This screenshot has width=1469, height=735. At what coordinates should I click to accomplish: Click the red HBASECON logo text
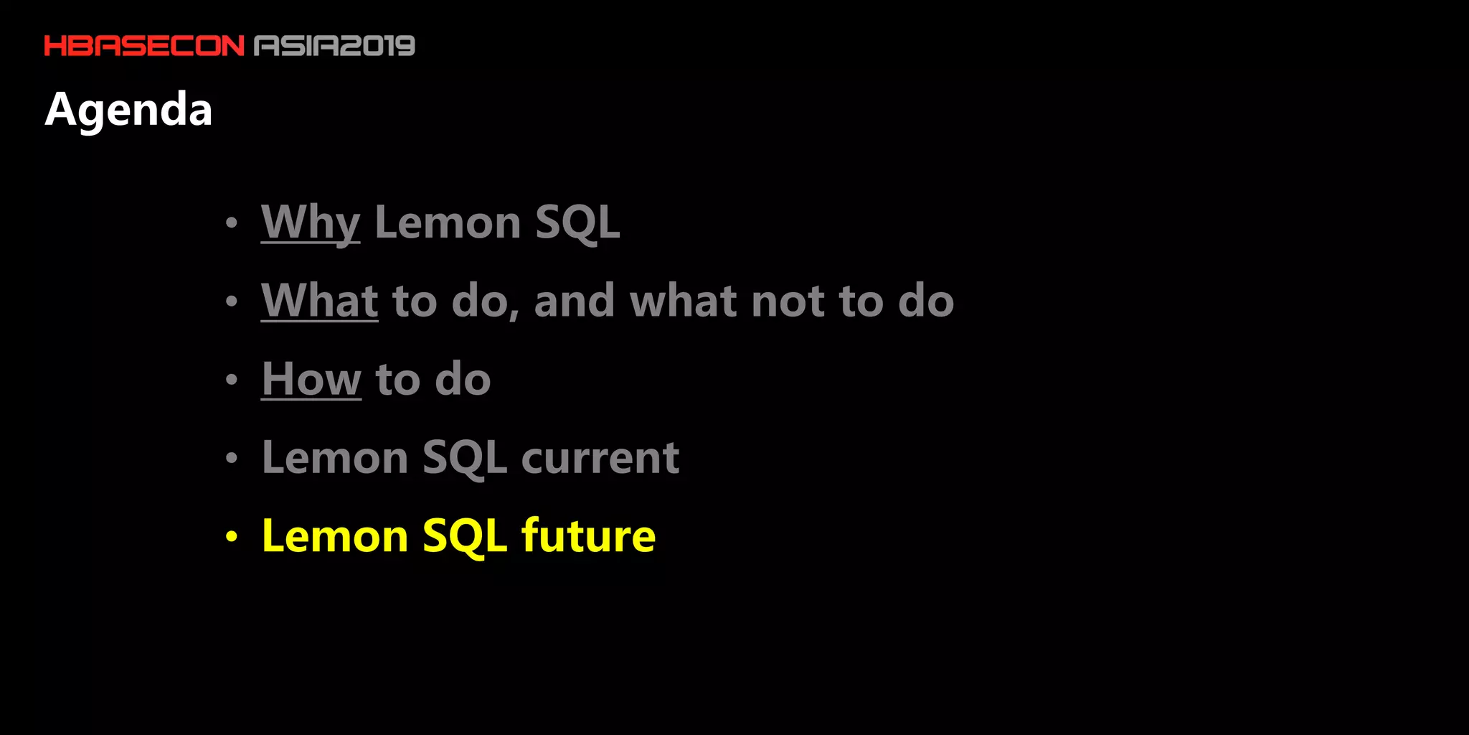coord(144,46)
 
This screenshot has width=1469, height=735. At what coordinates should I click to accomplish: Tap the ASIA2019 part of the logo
coord(335,46)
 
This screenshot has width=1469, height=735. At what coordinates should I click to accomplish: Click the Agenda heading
coord(128,109)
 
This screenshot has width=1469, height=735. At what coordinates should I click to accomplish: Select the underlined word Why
coord(310,222)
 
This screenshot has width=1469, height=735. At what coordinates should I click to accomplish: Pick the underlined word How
coord(311,379)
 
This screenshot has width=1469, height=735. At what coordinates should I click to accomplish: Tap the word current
coord(600,458)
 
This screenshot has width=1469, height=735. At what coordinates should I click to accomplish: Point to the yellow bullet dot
coord(231,536)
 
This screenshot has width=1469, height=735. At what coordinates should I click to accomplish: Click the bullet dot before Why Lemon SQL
coord(231,223)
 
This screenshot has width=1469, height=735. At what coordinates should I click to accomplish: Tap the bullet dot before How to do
coord(231,379)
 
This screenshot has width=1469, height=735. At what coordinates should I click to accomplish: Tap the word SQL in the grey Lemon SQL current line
coord(465,458)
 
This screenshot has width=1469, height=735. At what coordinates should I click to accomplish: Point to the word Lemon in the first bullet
coord(448,223)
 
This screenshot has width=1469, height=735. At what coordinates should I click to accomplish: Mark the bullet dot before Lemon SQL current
coord(231,458)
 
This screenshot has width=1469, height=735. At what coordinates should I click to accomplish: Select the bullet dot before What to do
coord(231,301)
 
